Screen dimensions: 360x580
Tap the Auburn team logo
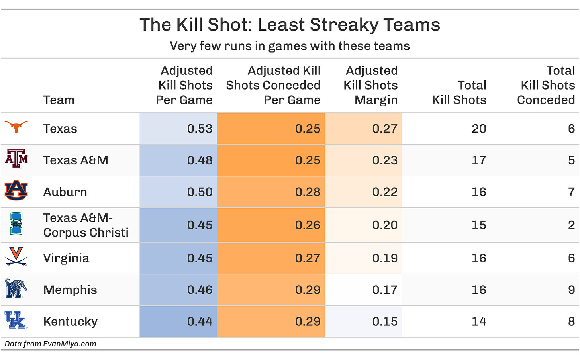(x=16, y=190)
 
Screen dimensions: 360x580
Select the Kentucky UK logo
(x=16, y=320)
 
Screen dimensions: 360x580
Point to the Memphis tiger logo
(x=16, y=289)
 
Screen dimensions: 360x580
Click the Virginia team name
(x=66, y=258)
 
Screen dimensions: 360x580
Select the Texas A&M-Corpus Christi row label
(x=86, y=225)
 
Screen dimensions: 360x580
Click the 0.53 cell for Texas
(x=200, y=129)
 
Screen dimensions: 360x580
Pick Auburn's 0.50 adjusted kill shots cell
(x=200, y=192)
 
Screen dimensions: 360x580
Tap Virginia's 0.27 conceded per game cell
(x=308, y=258)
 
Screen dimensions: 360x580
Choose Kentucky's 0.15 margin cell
(x=384, y=321)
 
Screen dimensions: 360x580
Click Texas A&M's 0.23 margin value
(x=384, y=160)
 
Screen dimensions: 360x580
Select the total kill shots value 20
(x=479, y=129)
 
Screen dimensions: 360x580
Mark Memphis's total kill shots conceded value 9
(x=571, y=290)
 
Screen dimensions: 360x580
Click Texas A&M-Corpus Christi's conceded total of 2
(x=571, y=225)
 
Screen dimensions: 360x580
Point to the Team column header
(x=59, y=100)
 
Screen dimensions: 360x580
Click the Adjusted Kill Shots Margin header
(x=370, y=85)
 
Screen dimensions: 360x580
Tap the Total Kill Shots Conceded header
(x=546, y=85)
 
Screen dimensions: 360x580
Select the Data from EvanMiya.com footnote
(x=50, y=344)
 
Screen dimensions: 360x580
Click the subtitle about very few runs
(x=290, y=46)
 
